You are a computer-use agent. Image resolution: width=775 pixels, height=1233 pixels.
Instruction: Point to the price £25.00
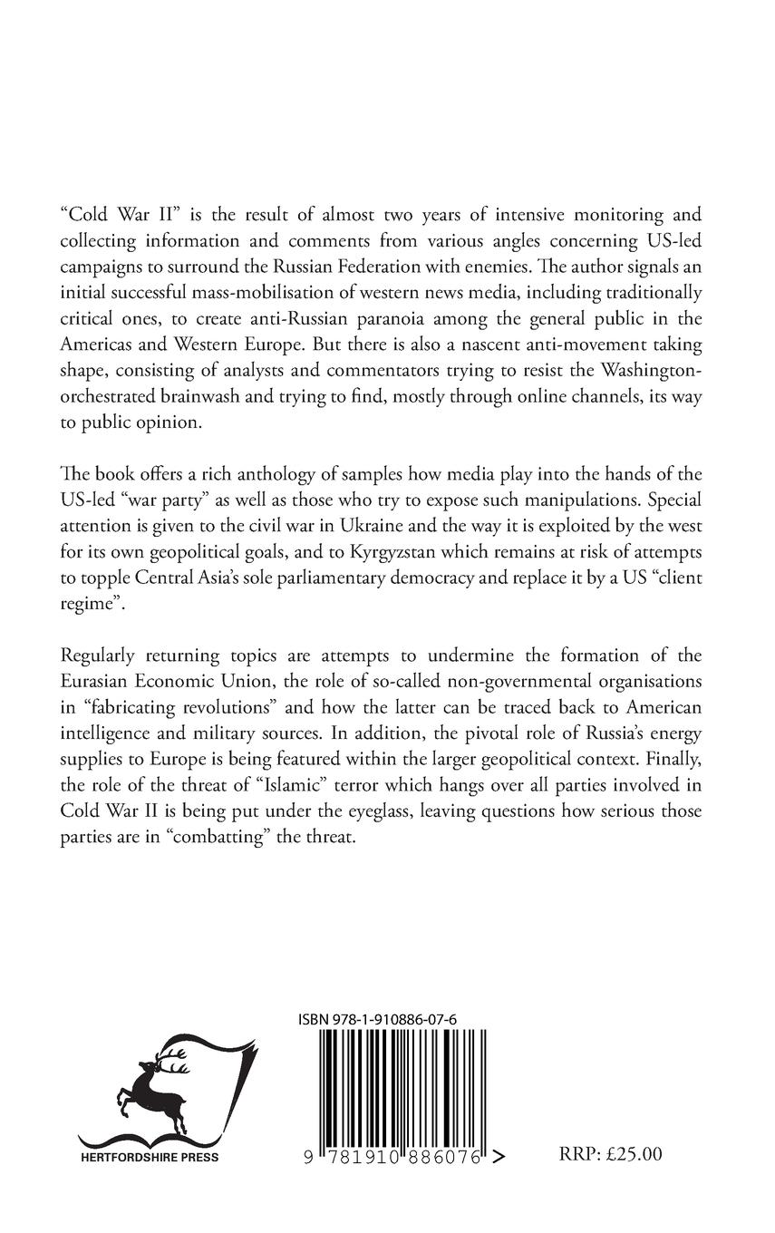point(635,1154)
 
